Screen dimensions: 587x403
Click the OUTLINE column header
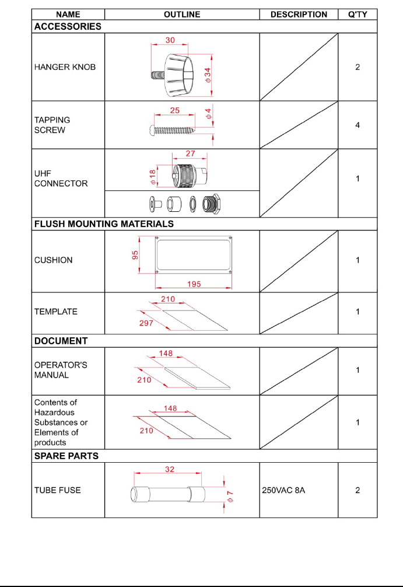click(x=182, y=15)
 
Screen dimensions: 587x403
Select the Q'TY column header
click(x=358, y=15)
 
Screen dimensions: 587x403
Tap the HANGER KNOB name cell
click(x=65, y=67)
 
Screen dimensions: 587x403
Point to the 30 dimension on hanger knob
click(x=170, y=41)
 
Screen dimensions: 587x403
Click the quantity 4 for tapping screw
click(x=358, y=125)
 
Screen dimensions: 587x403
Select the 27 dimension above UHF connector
click(x=190, y=154)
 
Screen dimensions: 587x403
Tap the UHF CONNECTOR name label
click(x=61, y=178)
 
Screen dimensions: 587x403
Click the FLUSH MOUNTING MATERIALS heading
click(x=104, y=223)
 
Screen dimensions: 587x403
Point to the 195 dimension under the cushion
click(x=194, y=284)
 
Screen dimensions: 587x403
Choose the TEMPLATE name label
click(x=56, y=312)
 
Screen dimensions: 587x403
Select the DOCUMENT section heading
click(x=61, y=341)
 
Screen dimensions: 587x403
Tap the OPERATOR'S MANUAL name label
click(x=61, y=370)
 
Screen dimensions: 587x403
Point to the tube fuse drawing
click(x=168, y=495)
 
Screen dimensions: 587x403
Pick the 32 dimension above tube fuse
click(x=170, y=469)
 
